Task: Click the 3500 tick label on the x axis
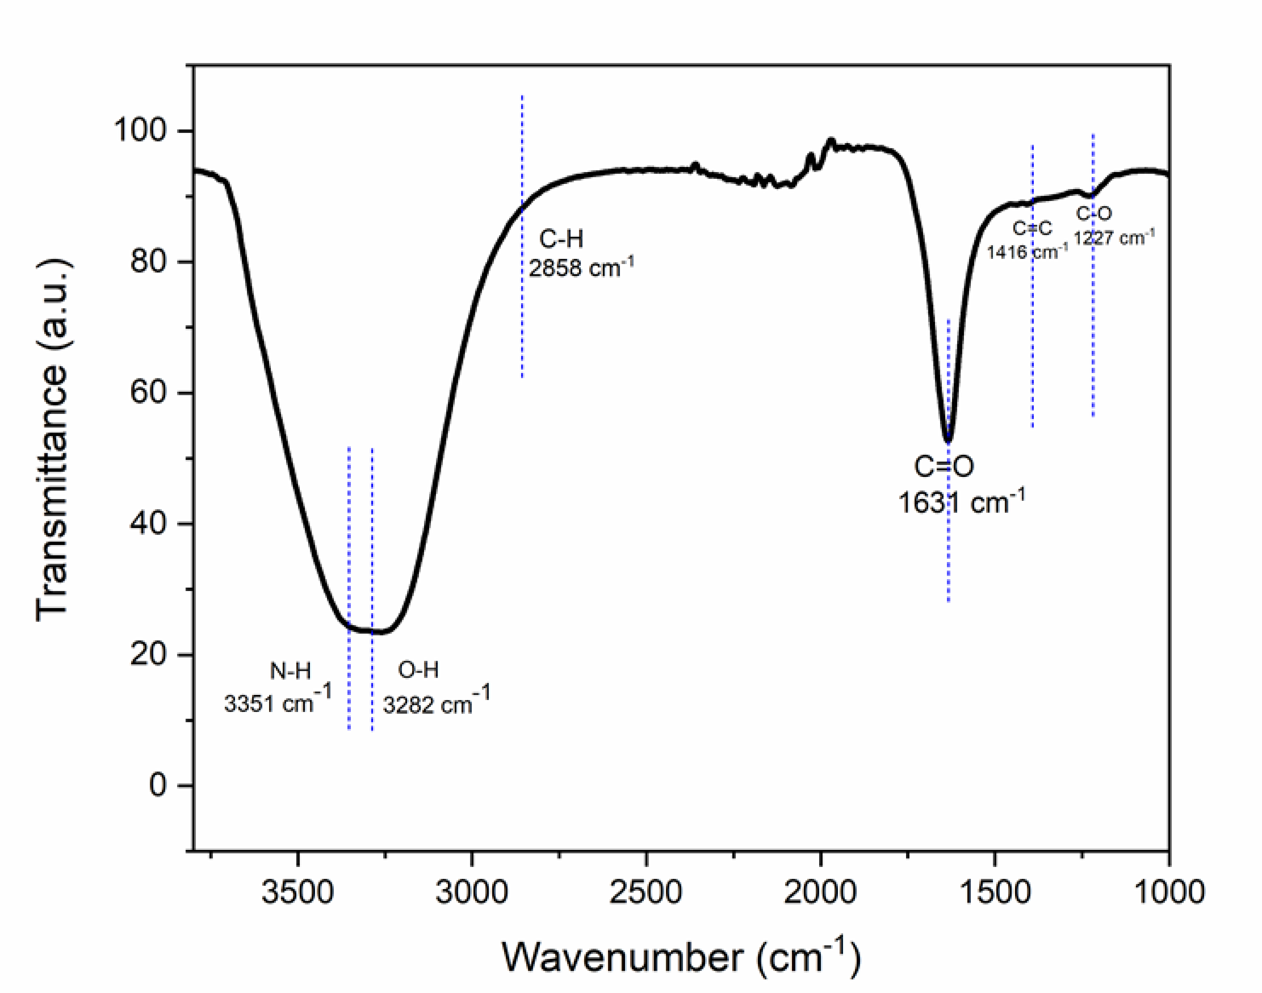298,892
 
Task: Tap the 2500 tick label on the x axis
646,892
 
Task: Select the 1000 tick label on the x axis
1167,892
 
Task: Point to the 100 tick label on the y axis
141,131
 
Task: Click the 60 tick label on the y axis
150,393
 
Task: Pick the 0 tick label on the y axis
159,785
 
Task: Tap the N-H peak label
290,671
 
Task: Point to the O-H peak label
418,671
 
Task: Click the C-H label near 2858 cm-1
561,238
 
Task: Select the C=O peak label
944,467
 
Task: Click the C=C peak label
1032,228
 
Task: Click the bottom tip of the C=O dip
948,440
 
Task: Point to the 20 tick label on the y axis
150,655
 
